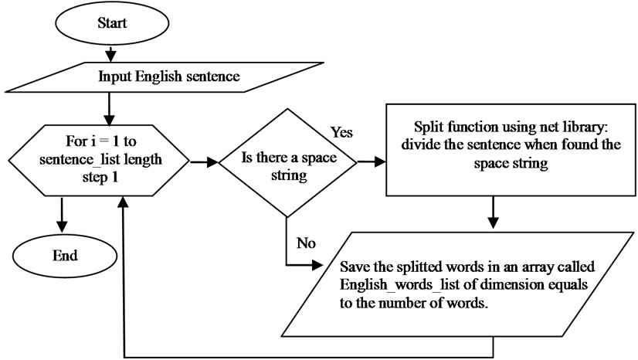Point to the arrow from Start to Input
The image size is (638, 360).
[x=112, y=53]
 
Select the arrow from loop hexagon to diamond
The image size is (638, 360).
[x=203, y=163]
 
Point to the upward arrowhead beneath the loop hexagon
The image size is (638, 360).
[x=124, y=200]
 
